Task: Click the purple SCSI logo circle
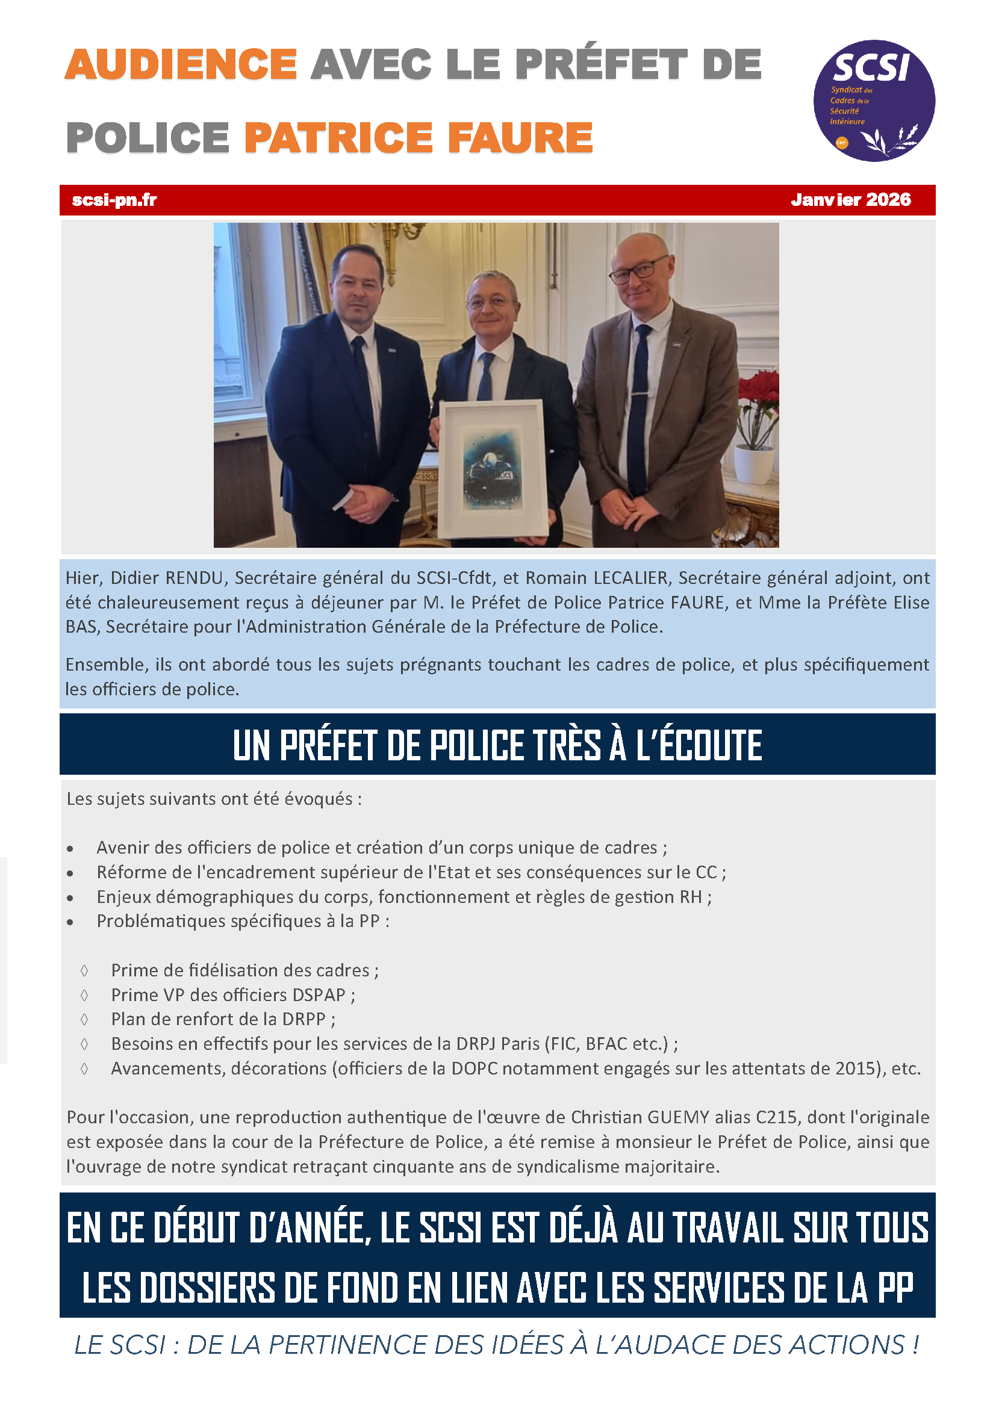873,101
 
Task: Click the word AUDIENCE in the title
181,64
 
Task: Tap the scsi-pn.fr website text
114,200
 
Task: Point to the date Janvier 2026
850,200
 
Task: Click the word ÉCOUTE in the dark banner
699,745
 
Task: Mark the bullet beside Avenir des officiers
70,849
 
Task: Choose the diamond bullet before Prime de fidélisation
84,970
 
